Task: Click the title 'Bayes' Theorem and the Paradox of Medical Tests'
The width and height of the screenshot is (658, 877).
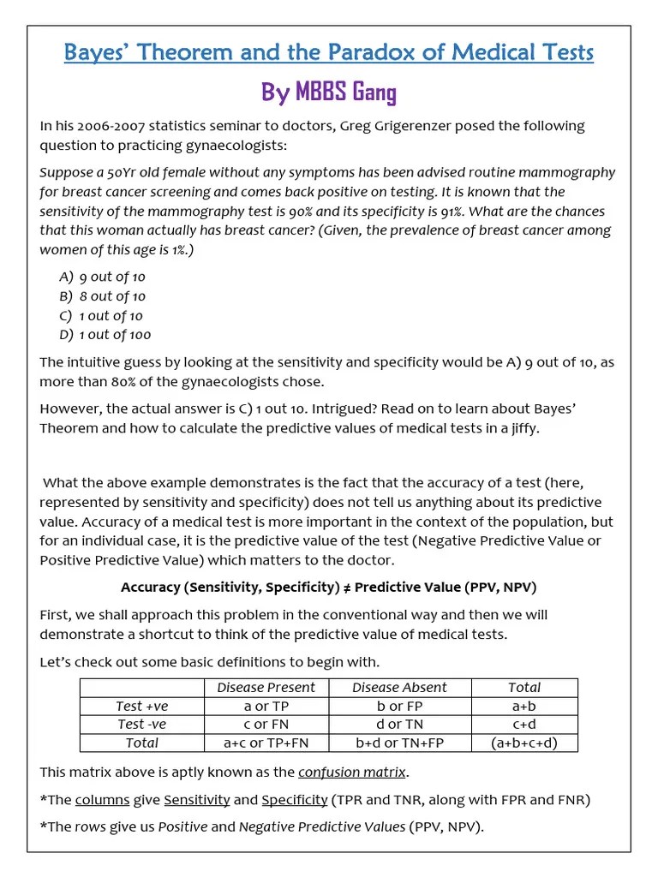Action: [329, 53]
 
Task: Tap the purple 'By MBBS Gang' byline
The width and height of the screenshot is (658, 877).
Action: [329, 92]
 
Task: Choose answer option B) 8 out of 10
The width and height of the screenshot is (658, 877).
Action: [103, 296]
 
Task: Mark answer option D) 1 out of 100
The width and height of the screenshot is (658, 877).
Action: [105, 335]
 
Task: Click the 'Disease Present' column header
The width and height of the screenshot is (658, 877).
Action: [266, 687]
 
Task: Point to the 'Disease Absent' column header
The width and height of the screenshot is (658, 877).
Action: [399, 687]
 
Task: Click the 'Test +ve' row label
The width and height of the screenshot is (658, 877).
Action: [141, 706]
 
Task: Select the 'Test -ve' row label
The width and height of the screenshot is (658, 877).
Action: [141, 725]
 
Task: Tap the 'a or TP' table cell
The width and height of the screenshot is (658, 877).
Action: [266, 706]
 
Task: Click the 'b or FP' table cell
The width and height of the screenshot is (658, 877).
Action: [399, 706]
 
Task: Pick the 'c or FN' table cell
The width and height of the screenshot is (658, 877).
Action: [266, 725]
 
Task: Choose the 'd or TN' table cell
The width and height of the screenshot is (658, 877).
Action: [399, 725]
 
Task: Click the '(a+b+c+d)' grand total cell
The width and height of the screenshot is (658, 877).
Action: [523, 743]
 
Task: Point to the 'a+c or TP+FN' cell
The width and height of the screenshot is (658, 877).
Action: [266, 743]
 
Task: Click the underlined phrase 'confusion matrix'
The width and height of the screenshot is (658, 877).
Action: [351, 773]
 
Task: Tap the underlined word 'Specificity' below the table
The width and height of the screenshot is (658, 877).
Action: [294, 799]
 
